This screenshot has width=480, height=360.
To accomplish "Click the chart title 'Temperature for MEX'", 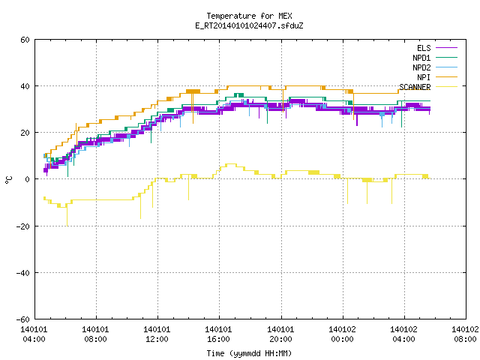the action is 249,16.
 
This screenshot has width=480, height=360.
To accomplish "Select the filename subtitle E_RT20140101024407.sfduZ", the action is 249,25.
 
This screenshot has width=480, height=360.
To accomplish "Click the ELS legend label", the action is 424,48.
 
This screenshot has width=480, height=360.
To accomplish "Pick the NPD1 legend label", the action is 421,58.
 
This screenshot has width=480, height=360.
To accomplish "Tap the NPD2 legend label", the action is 421,67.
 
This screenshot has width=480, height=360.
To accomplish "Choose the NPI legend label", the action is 424,77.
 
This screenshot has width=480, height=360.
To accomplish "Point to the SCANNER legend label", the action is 415,87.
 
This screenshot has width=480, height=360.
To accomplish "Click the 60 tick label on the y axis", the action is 25,40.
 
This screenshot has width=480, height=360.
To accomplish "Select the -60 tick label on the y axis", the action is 23,319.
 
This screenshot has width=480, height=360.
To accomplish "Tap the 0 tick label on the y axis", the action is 28,179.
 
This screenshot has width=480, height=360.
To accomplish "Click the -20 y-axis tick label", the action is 23,226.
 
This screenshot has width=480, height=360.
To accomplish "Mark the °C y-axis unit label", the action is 8,180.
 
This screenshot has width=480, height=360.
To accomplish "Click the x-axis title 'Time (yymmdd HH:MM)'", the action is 249,353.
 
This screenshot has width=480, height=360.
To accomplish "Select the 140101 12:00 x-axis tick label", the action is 157,334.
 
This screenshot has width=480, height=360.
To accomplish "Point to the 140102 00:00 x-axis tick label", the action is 342,334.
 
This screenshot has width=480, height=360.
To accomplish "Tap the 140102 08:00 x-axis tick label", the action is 465,334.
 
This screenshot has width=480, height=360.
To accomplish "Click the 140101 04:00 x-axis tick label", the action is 34,334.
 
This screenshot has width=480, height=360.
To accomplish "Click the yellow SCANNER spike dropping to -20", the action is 67,216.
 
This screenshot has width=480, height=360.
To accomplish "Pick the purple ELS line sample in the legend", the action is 446,48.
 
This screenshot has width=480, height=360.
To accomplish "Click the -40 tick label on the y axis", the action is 23,273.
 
